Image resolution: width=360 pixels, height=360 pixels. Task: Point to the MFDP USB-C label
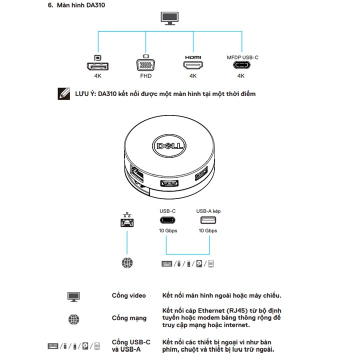pyautogui.click(x=242, y=57)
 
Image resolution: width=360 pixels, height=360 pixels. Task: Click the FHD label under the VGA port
pyautogui.click(x=145, y=76)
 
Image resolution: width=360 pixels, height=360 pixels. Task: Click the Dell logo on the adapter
pyautogui.click(x=169, y=146)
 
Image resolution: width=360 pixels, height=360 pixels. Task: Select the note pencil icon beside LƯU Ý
pyautogui.click(x=63, y=93)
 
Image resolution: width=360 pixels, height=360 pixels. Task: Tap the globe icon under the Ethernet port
pyautogui.click(x=127, y=262)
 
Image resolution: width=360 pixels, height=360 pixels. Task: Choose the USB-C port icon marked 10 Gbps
pyautogui.click(x=167, y=220)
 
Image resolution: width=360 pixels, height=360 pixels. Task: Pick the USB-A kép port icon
pyautogui.click(x=207, y=220)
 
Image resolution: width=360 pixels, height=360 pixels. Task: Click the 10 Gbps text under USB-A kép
pyautogui.click(x=207, y=231)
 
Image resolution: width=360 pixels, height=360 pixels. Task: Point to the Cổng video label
pyautogui.click(x=128, y=295)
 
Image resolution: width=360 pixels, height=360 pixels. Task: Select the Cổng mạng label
pyautogui.click(x=129, y=318)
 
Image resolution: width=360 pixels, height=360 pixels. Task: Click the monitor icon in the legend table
pyautogui.click(x=73, y=296)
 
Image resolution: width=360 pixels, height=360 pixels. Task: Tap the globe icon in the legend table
pyautogui.click(x=73, y=318)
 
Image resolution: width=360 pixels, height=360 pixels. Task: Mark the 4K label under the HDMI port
pyautogui.click(x=192, y=76)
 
